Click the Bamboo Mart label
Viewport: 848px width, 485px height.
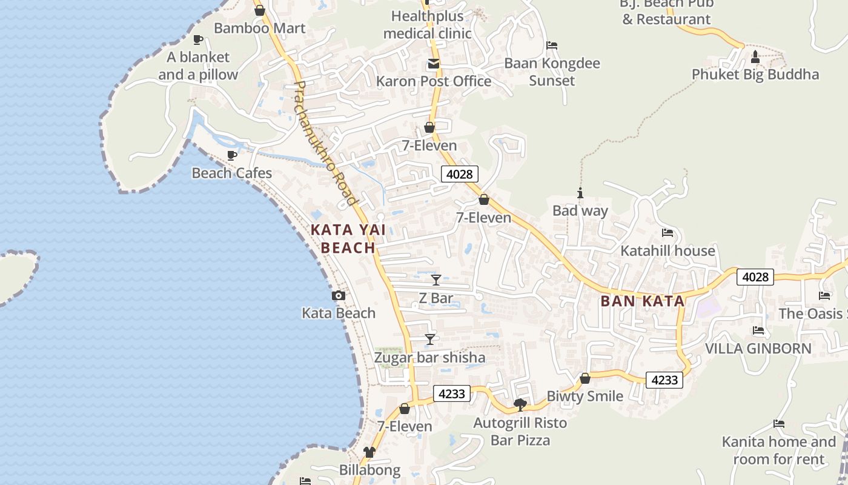[x=259, y=28]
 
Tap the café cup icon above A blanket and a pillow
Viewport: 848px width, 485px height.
[x=197, y=40]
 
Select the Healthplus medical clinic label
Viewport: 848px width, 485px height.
[x=427, y=25]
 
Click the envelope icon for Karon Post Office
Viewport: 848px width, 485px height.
[x=434, y=64]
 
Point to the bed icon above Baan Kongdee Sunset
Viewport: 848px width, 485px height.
[x=552, y=45]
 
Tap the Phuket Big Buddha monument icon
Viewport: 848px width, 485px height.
[x=755, y=57]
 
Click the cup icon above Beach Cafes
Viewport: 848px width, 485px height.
[x=231, y=156]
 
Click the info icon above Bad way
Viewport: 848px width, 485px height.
[x=580, y=193]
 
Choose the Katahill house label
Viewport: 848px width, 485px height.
[x=667, y=250]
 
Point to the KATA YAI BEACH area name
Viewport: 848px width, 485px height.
[x=348, y=239]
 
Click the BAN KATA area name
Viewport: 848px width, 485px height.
[x=643, y=301]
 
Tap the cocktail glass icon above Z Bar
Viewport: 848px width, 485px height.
[x=436, y=280]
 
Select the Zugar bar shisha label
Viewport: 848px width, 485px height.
[x=429, y=358]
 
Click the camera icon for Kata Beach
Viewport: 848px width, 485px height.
[x=339, y=296]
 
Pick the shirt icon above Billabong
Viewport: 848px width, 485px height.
[x=369, y=452]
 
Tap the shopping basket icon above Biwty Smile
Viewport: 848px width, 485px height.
[x=585, y=379]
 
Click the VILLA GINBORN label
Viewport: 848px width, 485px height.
[x=758, y=349]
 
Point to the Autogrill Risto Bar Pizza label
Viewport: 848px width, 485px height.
[x=520, y=432]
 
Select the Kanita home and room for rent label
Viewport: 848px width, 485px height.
[x=778, y=450]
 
